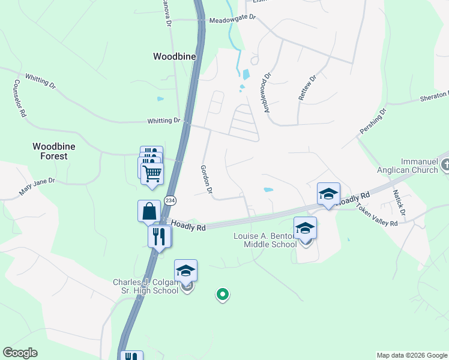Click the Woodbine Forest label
(x=50, y=151)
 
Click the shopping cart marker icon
(x=152, y=173)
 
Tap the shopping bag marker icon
(x=149, y=211)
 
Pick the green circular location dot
(x=223, y=294)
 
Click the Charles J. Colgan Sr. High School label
(x=146, y=286)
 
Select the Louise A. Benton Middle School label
(x=264, y=240)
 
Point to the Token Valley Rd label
(x=378, y=215)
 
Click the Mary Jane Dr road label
(x=37, y=187)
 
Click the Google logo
(x=20, y=353)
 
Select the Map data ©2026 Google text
(x=411, y=355)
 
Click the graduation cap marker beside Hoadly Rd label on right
(x=328, y=194)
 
